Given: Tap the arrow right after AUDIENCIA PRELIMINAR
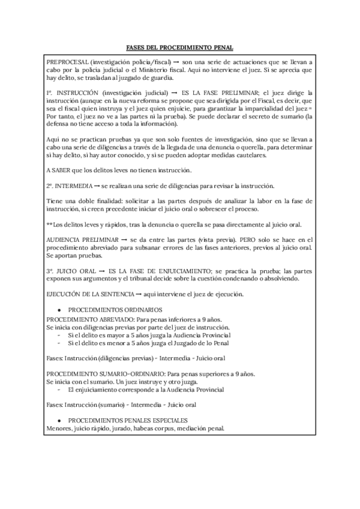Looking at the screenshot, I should click(122, 239).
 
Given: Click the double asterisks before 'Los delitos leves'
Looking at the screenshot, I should click(49, 224).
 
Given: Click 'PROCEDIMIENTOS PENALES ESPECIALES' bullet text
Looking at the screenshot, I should click(128, 420).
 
